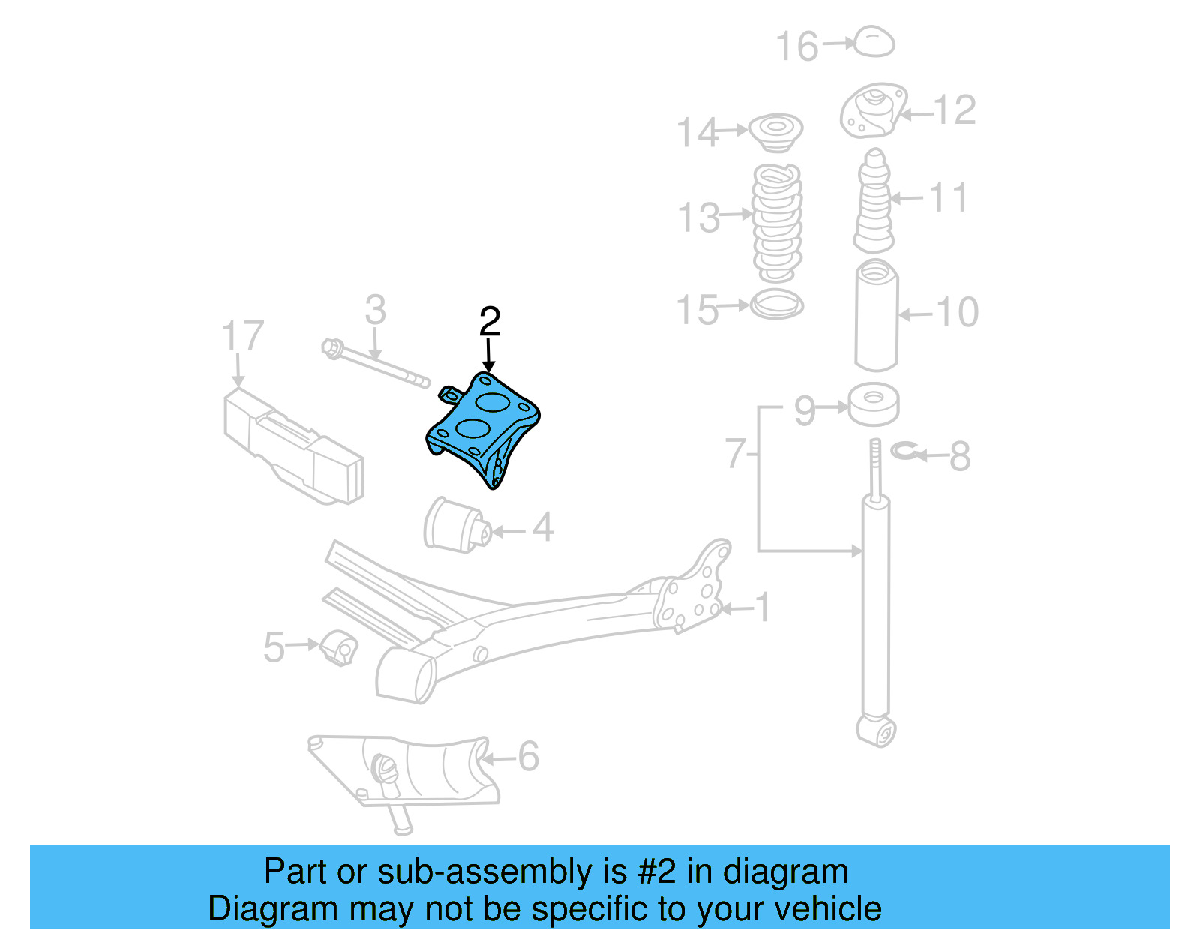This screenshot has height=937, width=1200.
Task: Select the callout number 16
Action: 796,47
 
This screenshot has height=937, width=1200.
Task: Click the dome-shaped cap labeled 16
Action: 874,42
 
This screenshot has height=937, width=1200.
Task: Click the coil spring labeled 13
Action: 777,223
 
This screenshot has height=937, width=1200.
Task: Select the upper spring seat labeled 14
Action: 776,131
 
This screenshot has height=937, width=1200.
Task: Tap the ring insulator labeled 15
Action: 777,305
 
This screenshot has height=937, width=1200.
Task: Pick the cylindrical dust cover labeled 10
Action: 877,315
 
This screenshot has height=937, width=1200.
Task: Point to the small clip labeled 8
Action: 906,451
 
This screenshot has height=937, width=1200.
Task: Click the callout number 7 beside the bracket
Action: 735,454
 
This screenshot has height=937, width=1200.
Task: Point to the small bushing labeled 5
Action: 339,648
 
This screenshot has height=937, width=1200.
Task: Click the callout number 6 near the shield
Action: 528,756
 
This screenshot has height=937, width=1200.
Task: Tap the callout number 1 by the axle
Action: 762,608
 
